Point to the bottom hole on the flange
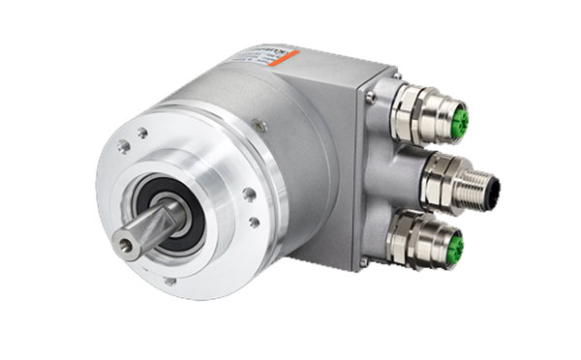click(169, 281)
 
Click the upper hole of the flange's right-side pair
click(249, 195)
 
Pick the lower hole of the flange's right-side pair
click(254, 222)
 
